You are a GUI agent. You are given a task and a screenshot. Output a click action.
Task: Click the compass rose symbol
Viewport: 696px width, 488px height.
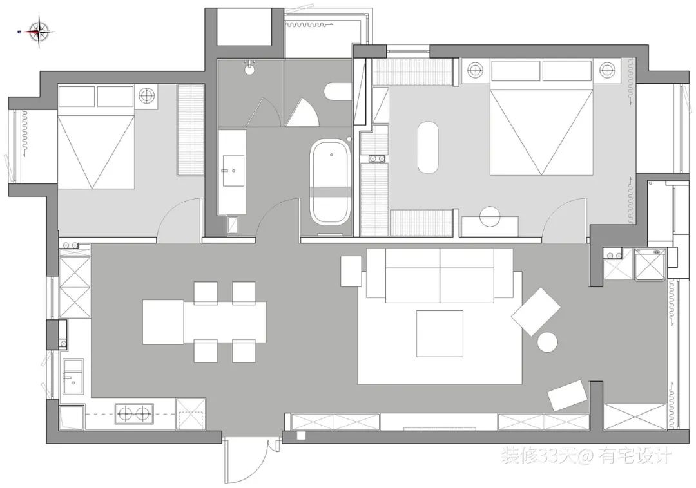pos(40,30)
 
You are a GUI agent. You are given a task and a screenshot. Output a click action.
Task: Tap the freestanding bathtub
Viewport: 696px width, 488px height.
pos(331,182)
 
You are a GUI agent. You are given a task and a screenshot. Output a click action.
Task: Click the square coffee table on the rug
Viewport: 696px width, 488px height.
pos(440,333)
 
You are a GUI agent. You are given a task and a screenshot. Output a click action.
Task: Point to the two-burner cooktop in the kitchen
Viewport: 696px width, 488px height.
pos(134,413)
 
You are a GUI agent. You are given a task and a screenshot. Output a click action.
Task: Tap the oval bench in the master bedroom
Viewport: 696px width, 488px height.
pos(428,147)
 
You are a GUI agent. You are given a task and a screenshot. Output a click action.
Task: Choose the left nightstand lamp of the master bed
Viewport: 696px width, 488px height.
pos(475,69)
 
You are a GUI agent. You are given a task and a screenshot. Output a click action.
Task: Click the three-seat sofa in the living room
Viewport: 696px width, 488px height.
pos(440,276)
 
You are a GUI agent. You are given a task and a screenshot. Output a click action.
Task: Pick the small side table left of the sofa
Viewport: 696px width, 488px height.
pos(351,271)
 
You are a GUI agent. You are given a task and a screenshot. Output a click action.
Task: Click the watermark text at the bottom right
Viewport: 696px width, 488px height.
pos(586,456)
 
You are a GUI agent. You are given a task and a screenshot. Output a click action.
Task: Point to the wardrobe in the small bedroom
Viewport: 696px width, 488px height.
pos(191,129)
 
